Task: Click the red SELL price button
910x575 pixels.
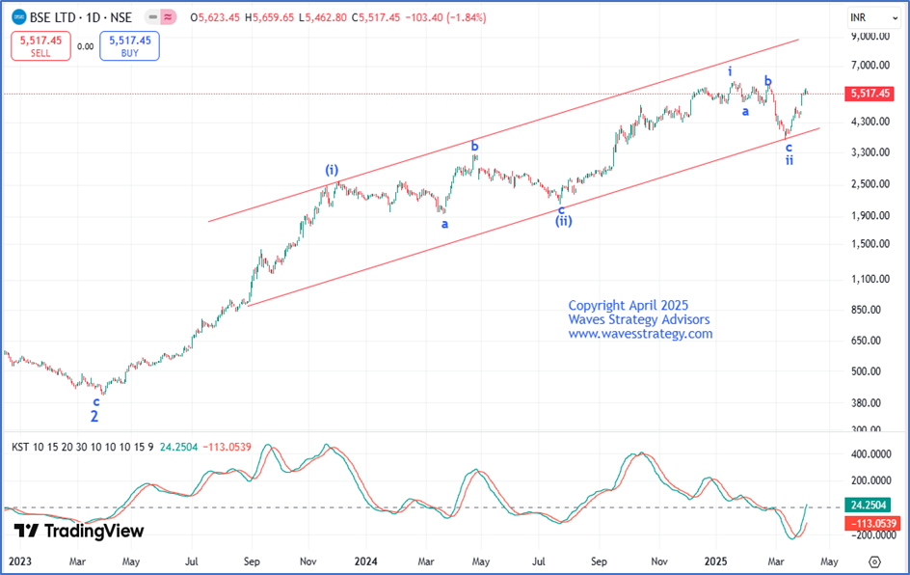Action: [x=40, y=45]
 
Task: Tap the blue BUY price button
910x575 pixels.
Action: [x=129, y=45]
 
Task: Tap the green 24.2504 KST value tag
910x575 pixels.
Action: [x=869, y=505]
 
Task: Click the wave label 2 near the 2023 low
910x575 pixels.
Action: [x=94, y=418]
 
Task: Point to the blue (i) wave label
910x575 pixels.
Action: [x=332, y=170]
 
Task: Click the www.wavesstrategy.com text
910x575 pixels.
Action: [x=640, y=334]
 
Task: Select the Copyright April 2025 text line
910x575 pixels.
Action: [x=629, y=305]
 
